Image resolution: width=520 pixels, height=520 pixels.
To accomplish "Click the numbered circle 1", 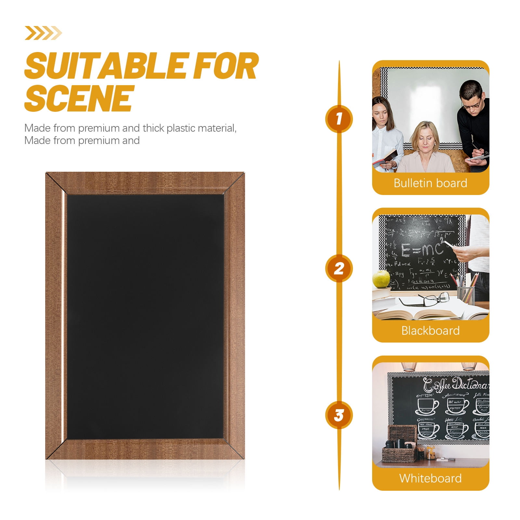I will pyautogui.click(x=339, y=119).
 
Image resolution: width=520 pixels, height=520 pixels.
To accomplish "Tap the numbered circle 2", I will pyautogui.click(x=339, y=268).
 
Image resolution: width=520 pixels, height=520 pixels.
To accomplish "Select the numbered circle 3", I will pyautogui.click(x=339, y=415).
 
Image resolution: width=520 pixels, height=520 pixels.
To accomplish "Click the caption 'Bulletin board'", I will pyautogui.click(x=430, y=183).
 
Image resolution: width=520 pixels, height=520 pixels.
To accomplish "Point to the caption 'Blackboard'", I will pyautogui.click(x=430, y=331).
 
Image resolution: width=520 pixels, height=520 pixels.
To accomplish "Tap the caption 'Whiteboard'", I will pyautogui.click(x=430, y=478).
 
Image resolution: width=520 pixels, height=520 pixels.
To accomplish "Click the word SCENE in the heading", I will pyautogui.click(x=79, y=98).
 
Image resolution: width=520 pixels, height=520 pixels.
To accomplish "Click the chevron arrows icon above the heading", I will pyautogui.click(x=43, y=33).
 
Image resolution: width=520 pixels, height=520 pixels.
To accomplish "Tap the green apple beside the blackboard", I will pyautogui.click(x=381, y=279).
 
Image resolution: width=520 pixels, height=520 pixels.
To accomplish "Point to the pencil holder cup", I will pyautogui.click(x=466, y=294).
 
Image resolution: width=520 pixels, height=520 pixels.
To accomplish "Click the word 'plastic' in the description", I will pyautogui.click(x=180, y=128).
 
